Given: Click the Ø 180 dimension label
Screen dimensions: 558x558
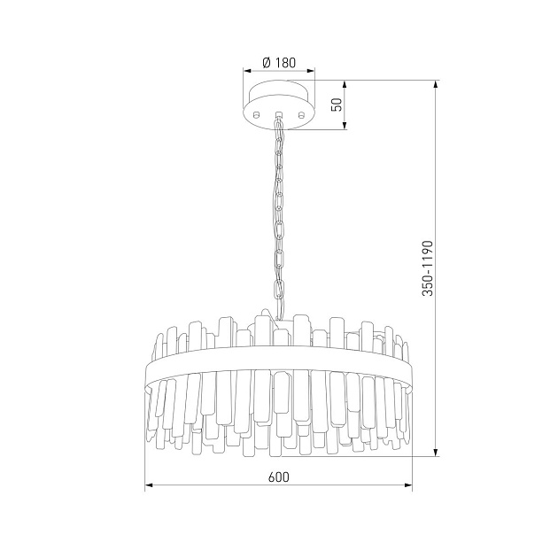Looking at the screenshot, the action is pos(279,63).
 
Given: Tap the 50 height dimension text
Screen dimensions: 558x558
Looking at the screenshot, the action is pos(337,105).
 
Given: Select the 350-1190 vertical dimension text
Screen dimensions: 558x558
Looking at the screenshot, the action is pos(428,268).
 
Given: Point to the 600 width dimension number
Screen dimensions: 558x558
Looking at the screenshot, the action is pos(279,477).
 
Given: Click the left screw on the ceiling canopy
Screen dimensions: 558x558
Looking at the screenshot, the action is pos(256,114).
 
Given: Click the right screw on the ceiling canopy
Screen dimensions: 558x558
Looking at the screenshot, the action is pos(301,114).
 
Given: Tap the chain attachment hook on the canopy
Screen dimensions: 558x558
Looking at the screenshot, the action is pos(279,115).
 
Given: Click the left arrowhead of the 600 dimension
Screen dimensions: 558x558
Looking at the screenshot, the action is pos(149,484).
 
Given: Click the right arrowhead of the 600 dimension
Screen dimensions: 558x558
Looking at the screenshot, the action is pos(408,484).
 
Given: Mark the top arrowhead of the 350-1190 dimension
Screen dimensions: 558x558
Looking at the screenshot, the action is pos(435,85).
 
